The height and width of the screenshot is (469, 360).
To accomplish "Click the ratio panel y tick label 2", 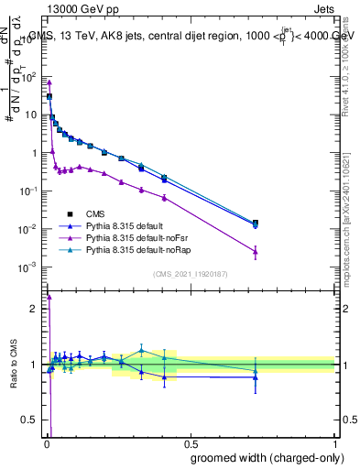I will tap(34, 309).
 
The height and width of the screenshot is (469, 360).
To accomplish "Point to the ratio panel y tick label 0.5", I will tap(29, 420).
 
